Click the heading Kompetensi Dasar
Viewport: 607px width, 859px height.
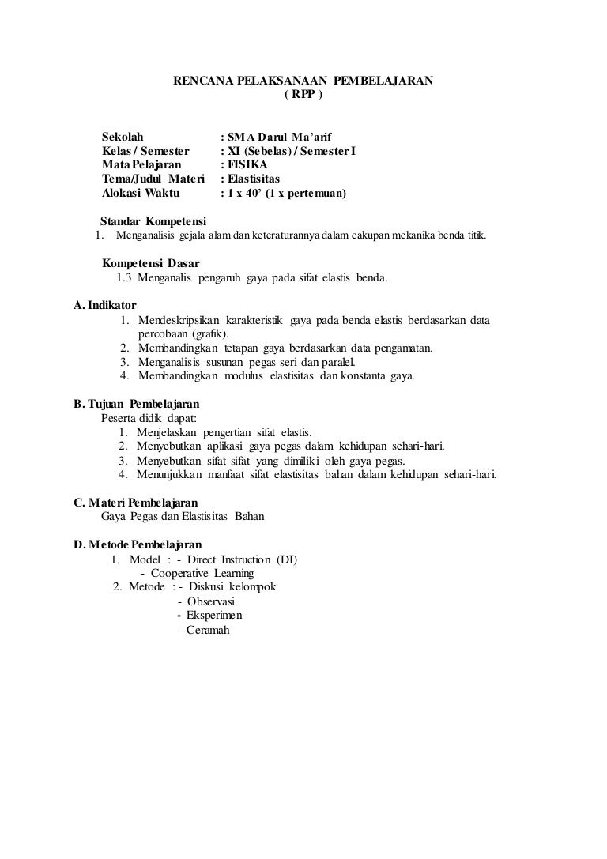[151, 263]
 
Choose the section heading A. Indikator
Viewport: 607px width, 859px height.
[105, 305]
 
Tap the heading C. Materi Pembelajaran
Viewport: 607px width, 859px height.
[135, 503]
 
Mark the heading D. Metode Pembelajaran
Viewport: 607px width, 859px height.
[138, 544]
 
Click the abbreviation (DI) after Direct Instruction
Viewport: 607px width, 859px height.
[287, 559]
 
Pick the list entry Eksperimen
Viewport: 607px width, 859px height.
[214, 616]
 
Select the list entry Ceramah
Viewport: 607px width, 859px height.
[208, 630]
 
